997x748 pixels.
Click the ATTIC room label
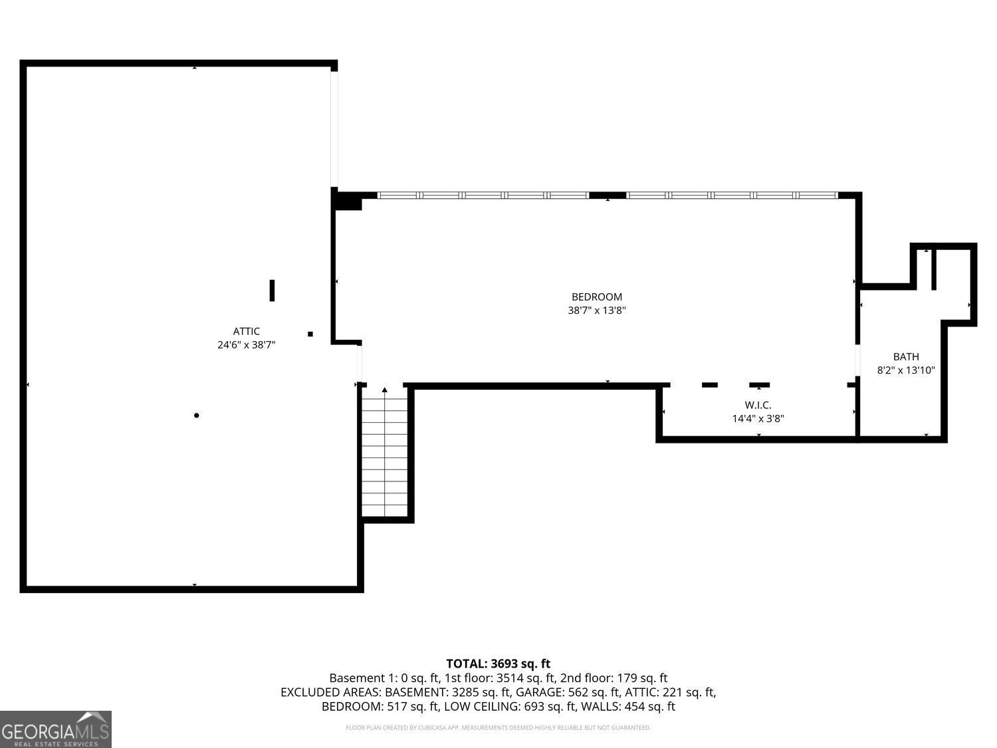[246, 331]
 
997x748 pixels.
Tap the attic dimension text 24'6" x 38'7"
[246, 345]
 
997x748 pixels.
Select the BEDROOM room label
[596, 297]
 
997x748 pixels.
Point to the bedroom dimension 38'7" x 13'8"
[596, 311]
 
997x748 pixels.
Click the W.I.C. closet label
[758, 405]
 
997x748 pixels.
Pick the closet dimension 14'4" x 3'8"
[758, 419]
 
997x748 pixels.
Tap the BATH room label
[906, 356]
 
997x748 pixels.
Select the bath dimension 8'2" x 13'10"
[906, 370]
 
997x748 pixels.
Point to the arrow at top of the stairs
[384, 390]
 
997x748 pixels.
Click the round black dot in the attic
[196, 416]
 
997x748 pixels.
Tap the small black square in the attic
[310, 334]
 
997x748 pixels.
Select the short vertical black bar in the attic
[272, 291]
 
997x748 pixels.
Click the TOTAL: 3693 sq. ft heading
[498, 664]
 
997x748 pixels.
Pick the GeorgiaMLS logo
[55, 729]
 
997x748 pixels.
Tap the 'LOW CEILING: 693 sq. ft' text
[512, 706]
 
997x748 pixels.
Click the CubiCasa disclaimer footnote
[498, 728]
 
